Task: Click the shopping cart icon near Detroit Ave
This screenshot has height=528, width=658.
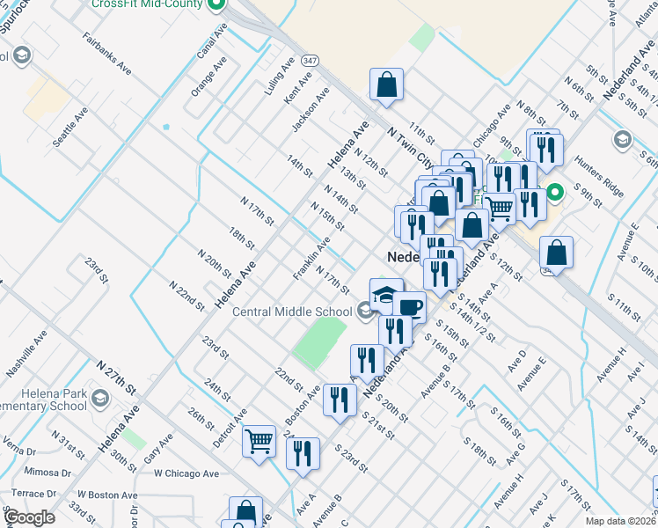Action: (260, 440)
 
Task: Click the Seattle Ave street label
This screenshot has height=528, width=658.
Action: (70, 128)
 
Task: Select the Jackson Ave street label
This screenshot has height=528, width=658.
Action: (311, 111)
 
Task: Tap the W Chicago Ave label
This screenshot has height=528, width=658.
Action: (186, 473)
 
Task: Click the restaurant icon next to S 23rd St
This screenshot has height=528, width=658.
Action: (303, 454)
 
